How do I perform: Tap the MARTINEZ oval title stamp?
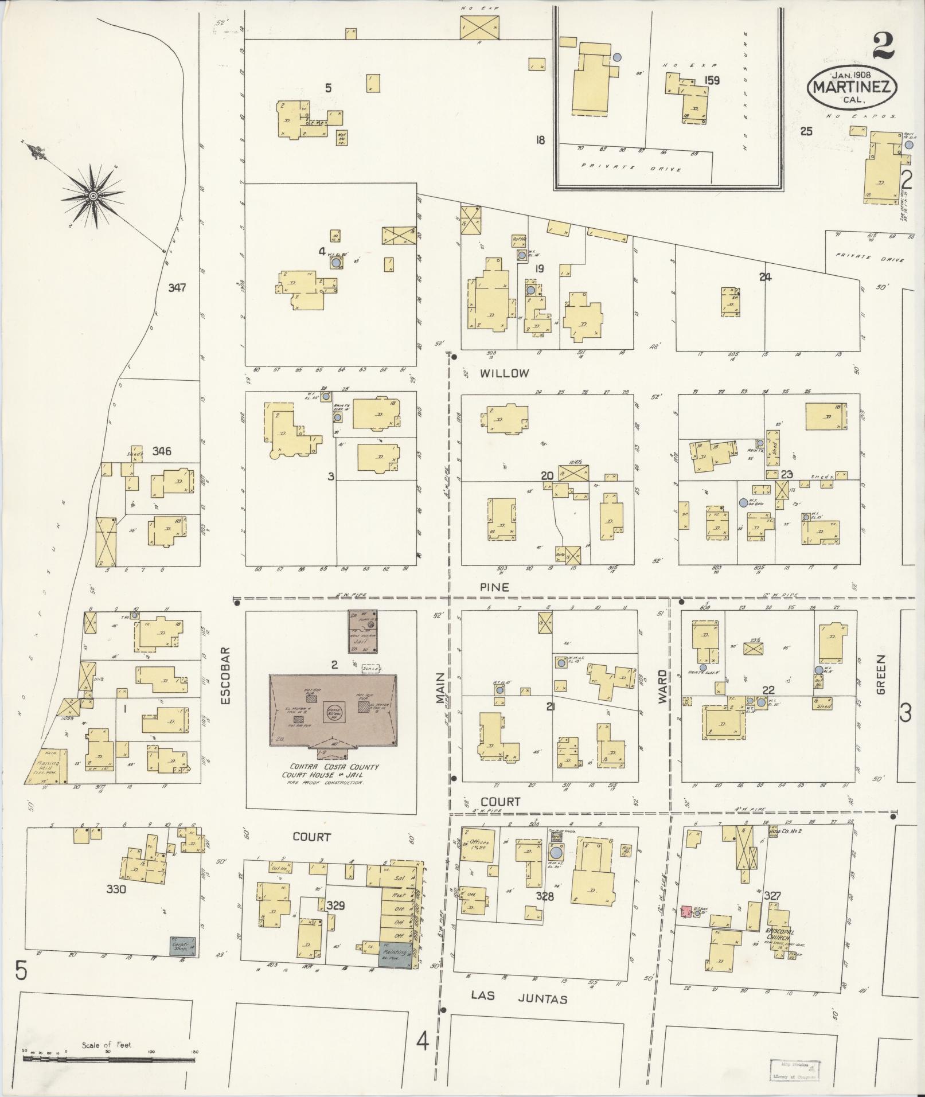[852, 87]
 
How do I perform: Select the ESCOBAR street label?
[225, 676]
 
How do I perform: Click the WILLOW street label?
[504, 373]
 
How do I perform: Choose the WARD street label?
[663, 686]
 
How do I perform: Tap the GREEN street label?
[880, 674]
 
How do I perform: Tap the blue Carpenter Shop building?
[182, 946]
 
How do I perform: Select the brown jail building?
[362, 631]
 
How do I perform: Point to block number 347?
[177, 288]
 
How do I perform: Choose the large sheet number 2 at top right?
[883, 45]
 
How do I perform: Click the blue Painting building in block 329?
[395, 955]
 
